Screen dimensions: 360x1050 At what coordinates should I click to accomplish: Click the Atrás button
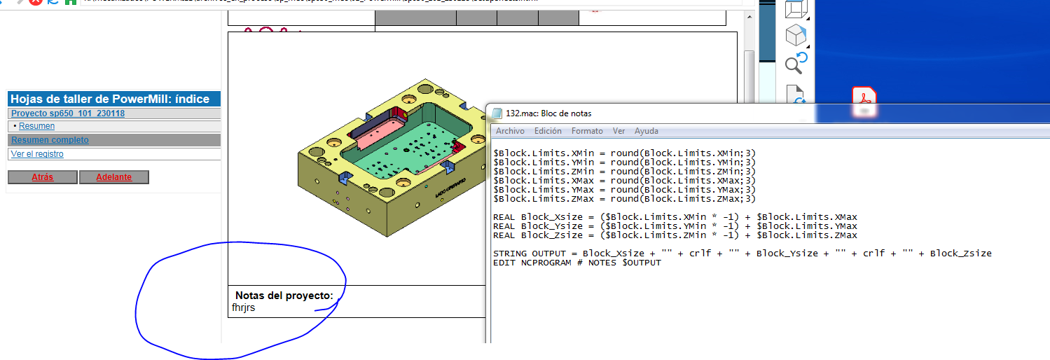point(42,177)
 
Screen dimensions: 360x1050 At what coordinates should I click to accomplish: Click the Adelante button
point(113,177)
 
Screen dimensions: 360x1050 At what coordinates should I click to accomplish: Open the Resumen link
point(36,126)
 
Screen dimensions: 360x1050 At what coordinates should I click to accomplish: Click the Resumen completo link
point(50,140)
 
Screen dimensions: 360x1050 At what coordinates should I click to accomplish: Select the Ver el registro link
point(37,154)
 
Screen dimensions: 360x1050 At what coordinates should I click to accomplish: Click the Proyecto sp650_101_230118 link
point(68,113)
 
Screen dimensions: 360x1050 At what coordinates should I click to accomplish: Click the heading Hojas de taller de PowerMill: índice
point(110,99)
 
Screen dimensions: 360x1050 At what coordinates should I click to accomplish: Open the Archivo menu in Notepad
point(510,131)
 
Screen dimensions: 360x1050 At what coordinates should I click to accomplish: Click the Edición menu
point(547,131)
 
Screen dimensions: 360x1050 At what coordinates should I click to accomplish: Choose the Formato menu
point(586,131)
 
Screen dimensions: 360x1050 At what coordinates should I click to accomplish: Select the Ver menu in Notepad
point(619,131)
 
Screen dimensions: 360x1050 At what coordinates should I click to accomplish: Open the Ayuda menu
point(646,131)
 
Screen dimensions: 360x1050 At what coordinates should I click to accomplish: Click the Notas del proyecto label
point(284,296)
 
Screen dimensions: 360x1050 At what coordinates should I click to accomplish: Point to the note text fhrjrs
point(244,307)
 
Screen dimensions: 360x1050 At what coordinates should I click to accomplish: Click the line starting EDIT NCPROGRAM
point(576,263)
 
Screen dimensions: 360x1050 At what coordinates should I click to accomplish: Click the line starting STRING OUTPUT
point(742,254)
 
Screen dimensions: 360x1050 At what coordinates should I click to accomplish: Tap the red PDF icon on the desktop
point(864,100)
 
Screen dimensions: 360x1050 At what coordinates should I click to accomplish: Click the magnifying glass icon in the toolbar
point(795,64)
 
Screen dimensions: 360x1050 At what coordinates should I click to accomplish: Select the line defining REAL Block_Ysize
point(675,226)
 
